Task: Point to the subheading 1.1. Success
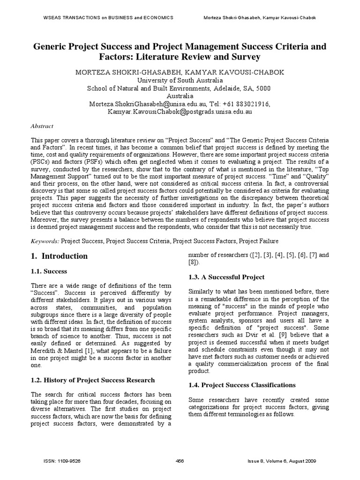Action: pos(49,271)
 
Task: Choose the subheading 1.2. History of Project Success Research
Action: pos(92,380)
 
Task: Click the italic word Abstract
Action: pos(42,126)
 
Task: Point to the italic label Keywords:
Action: pos(45,241)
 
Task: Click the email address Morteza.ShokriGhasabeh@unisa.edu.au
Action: pos(149,104)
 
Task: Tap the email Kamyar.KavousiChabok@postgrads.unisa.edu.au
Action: pos(180,112)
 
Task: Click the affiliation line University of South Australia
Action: pos(180,80)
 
